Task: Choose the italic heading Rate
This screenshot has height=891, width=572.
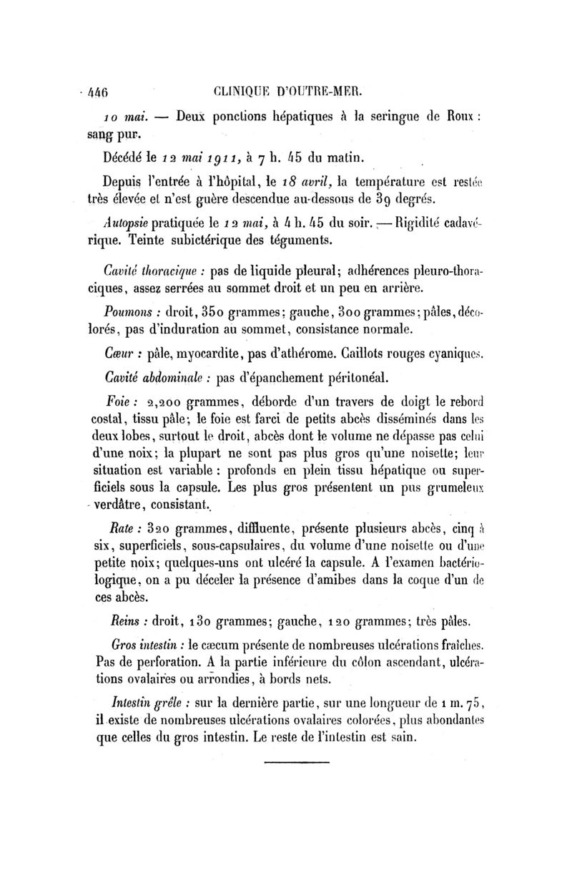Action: pyautogui.click(x=116, y=530)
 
